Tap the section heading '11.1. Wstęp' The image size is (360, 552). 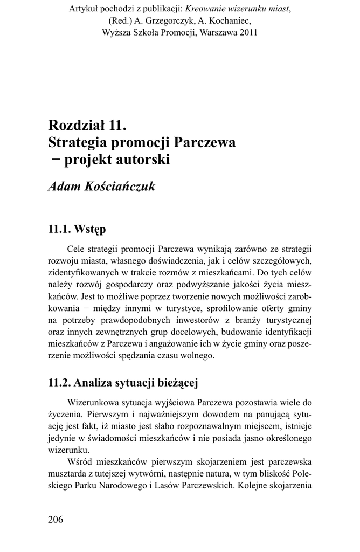tap(77, 229)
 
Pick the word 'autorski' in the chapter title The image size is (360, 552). tap(143, 160)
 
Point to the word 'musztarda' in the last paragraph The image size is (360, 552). tap(69, 474)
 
